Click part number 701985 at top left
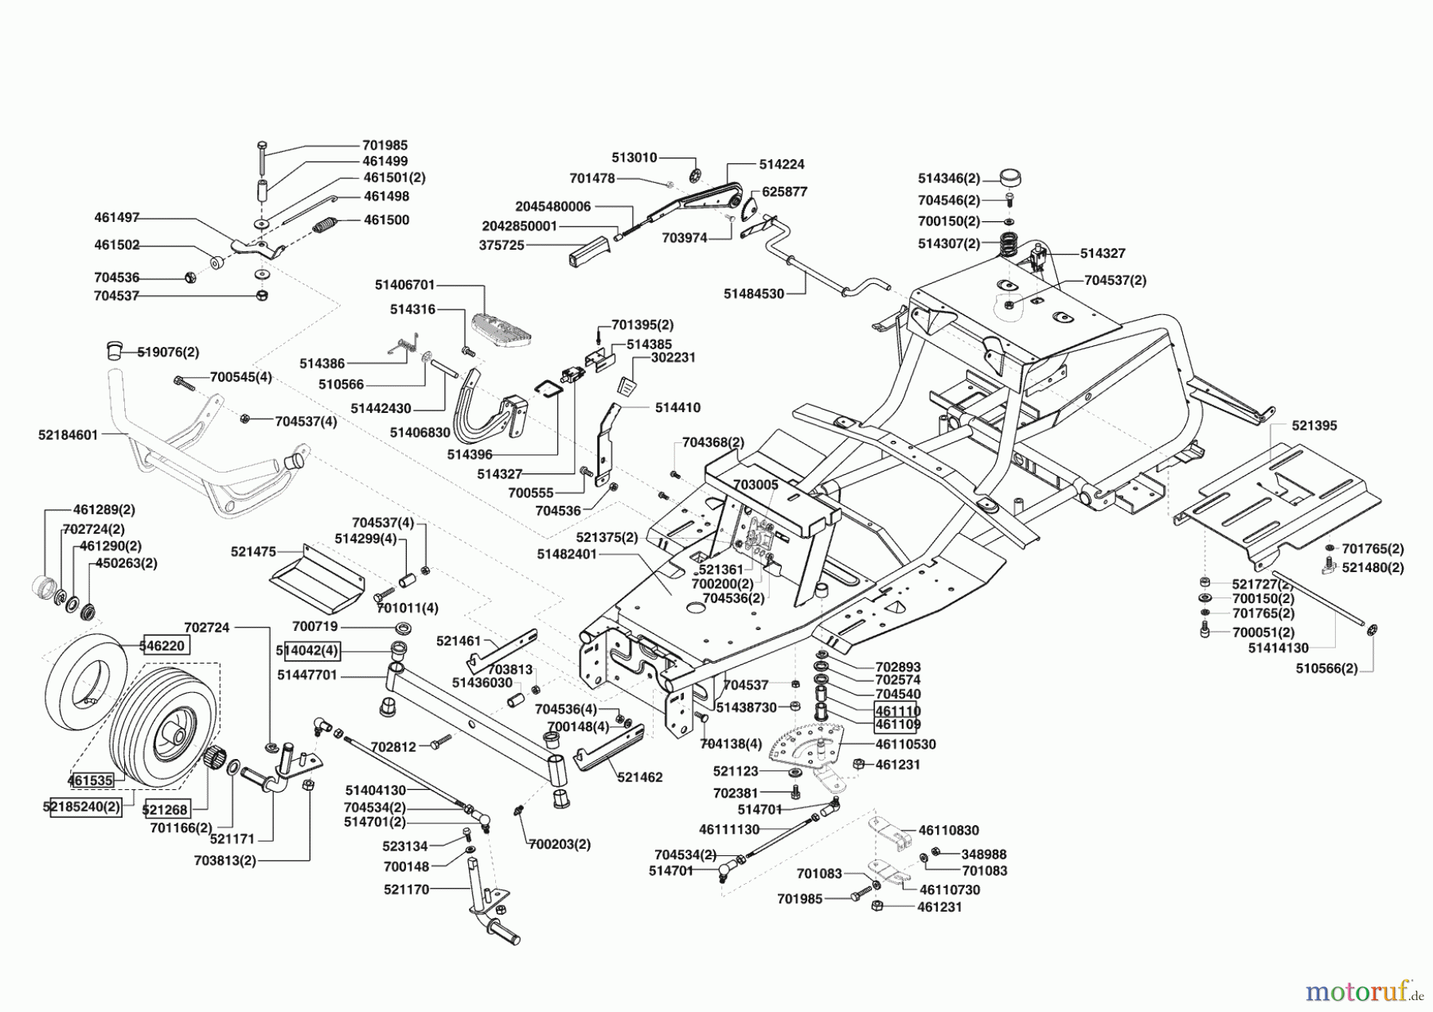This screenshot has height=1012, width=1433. pos(385,145)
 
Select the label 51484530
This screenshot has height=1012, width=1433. pos(753,294)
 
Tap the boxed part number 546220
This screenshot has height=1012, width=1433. pos(166,646)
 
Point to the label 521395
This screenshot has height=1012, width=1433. pos(1314,426)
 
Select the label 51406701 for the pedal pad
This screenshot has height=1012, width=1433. pos(405,285)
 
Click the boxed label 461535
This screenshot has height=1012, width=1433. pos(91,780)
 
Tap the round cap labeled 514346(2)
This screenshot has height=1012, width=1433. pos(1009,177)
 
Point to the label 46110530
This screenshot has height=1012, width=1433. pos(905,745)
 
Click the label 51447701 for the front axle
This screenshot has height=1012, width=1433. pos(307,675)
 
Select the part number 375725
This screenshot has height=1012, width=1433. pos(502,246)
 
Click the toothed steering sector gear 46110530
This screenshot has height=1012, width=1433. pos(804,744)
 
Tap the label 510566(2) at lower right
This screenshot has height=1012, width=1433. pos(1326,668)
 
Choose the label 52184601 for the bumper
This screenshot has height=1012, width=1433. pos(68,435)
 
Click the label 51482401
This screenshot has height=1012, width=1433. pos(566,554)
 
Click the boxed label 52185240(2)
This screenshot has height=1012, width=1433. pos(82,806)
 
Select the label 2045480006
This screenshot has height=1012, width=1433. pos(553,206)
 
